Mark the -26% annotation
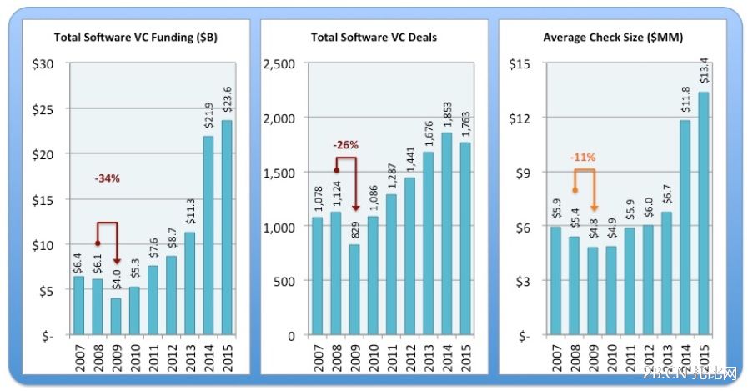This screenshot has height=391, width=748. (345, 144)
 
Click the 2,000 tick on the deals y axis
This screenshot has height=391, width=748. (281, 118)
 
